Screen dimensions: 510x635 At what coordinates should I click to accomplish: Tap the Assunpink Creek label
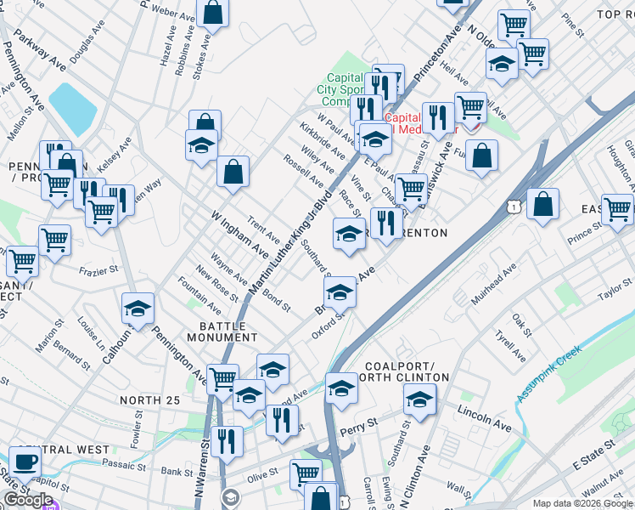(x=549, y=371)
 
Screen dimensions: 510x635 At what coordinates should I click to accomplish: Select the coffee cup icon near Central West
(x=25, y=462)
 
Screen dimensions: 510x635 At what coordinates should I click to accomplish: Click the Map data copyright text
(x=582, y=503)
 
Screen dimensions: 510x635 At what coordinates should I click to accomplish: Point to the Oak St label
(x=520, y=322)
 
